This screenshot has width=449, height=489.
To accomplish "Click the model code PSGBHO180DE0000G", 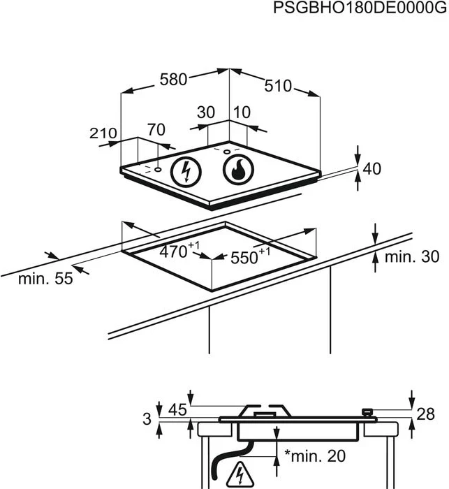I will click(x=359, y=8).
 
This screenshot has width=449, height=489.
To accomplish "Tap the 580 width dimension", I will click(x=173, y=80).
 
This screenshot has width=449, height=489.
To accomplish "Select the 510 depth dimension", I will click(x=278, y=86).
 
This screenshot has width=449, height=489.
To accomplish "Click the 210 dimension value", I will click(x=103, y=133).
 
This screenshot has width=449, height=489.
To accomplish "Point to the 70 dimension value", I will click(x=156, y=129).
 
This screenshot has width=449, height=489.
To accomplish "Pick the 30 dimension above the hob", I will click(x=205, y=112).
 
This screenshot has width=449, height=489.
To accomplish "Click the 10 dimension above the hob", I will click(x=242, y=112).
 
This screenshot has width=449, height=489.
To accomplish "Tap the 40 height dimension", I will click(x=373, y=168).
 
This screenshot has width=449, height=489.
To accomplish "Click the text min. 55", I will click(x=45, y=279).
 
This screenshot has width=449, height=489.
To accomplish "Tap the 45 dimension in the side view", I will click(x=177, y=410).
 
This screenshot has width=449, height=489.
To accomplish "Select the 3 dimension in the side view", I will click(x=146, y=419).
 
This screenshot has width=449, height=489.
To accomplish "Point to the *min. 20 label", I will click(x=315, y=456).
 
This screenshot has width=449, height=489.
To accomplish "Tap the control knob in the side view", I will click(x=367, y=414).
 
